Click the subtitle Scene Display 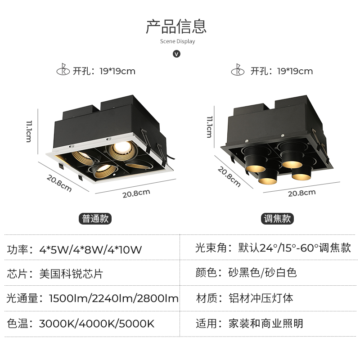[177, 41]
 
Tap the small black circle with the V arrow [176, 54]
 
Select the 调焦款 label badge [277, 219]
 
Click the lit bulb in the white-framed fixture [121, 147]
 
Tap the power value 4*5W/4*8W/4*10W [90, 249]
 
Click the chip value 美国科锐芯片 [71, 273]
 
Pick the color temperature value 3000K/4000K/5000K [97, 323]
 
